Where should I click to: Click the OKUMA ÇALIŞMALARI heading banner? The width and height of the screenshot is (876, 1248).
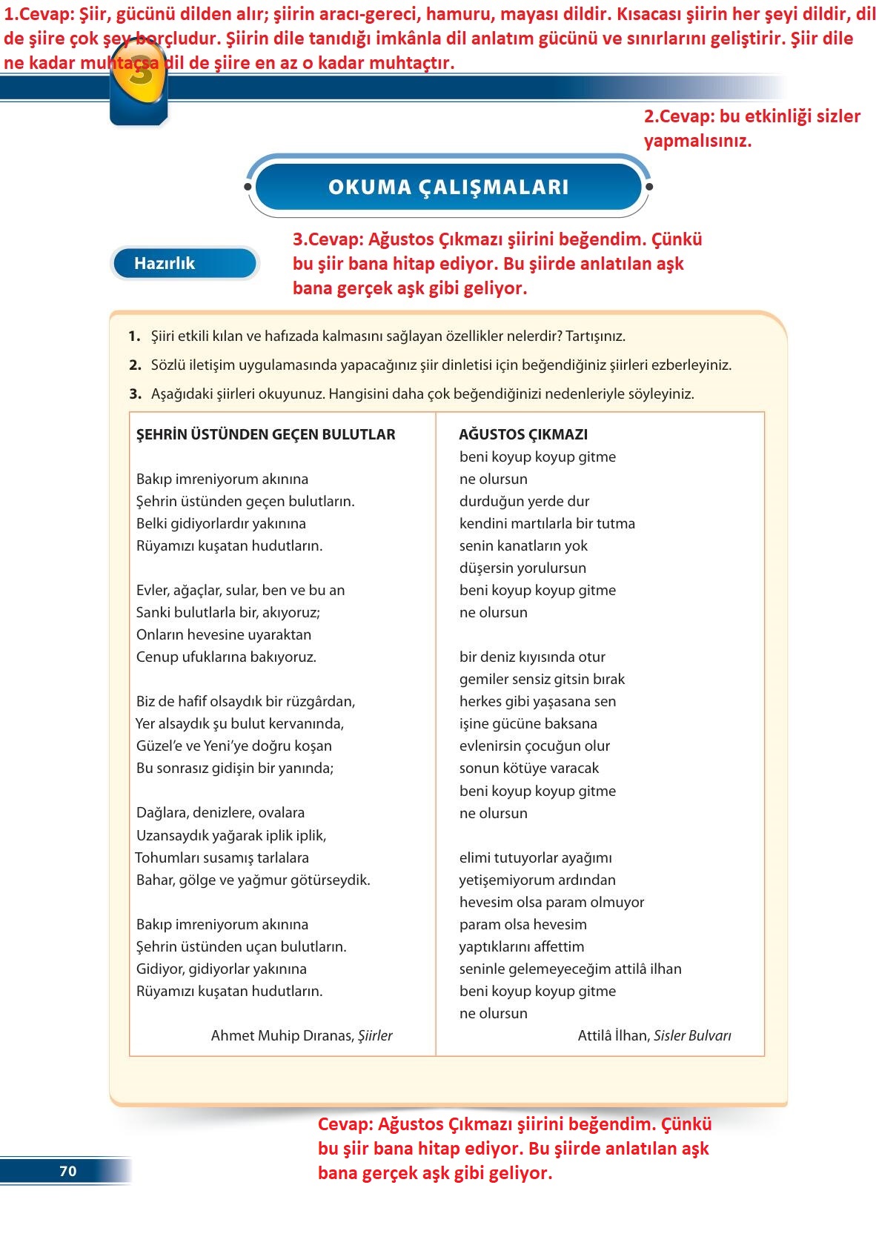click(x=448, y=187)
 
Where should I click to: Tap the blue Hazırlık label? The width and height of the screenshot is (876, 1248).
click(x=165, y=263)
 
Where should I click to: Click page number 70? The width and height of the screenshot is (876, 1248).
click(x=67, y=1171)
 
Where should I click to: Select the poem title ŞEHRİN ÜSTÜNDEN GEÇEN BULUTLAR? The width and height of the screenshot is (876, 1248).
click(x=265, y=434)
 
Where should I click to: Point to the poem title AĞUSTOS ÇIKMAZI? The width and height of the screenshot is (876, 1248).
click(x=523, y=434)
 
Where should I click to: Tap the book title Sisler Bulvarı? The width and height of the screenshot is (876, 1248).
click(x=692, y=1035)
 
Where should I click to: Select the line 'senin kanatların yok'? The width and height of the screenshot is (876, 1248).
click(x=523, y=545)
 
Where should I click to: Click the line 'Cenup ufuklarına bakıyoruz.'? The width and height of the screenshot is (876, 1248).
click(x=226, y=657)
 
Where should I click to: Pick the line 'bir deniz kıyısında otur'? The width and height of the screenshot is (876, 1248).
click(x=532, y=657)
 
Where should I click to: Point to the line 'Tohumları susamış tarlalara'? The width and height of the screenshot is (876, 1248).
click(x=222, y=857)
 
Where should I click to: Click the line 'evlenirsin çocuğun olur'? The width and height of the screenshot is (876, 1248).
click(x=534, y=746)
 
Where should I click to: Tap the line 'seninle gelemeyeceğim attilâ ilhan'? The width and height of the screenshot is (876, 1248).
click(x=570, y=969)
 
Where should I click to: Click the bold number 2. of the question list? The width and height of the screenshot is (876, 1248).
click(x=135, y=365)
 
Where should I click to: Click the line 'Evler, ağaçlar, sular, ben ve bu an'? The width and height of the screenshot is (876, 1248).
click(x=240, y=590)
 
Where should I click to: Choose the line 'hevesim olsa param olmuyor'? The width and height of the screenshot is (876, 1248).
click(x=551, y=902)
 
